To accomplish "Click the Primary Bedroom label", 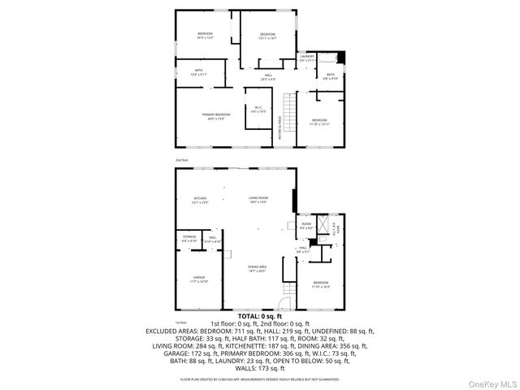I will pos(214,116).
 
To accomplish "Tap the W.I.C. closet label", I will pos(258,109).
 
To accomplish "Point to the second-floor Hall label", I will pos(267,78).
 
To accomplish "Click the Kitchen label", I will pos(200,199).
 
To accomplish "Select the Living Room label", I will pos(258,199).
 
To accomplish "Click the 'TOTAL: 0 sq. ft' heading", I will pos(259,316).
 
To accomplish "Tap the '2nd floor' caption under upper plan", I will pos(181,160).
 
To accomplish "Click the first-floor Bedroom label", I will pos(320,284).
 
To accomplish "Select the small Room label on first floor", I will pos(306,224).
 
